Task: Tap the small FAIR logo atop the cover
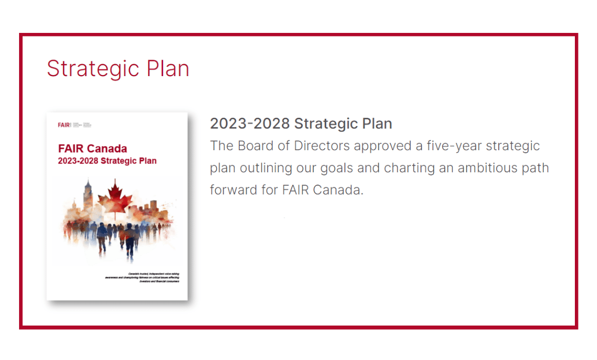tap(65, 125)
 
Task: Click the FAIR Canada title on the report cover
tap(93, 149)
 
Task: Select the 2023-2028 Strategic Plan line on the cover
tap(108, 161)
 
